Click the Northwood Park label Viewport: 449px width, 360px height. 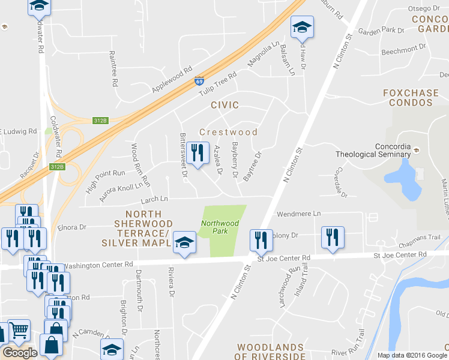pyautogui.click(x=220, y=227)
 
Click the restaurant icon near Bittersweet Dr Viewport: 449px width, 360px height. pyautogui.click(x=196, y=152)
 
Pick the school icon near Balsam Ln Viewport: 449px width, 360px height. pyautogui.click(x=302, y=27)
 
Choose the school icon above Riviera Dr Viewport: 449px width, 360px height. pyautogui.click(x=184, y=243)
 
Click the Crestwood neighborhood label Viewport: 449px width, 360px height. pyautogui.click(x=228, y=132)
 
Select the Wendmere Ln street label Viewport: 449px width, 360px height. pyautogui.click(x=298, y=214)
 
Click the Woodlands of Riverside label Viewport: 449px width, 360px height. pyautogui.click(x=270, y=352)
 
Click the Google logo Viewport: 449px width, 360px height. pyautogui.click(x=19, y=353)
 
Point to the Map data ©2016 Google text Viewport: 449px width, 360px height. pyautogui.click(x=411, y=355)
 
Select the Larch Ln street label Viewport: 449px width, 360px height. pyautogui.click(x=154, y=199)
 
